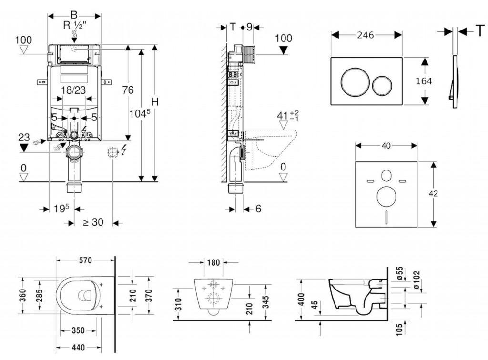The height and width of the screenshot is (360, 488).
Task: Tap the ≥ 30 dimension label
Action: coord(93,222)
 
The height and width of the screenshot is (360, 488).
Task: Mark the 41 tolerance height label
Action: coord(286,115)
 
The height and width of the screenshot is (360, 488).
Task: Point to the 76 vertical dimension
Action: coord(127,90)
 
